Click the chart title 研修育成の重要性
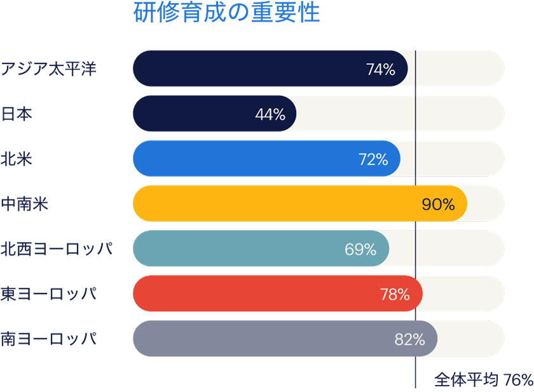point(227,13)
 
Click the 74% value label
point(381,69)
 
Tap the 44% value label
point(270,114)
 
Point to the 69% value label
point(361,250)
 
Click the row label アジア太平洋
point(48,69)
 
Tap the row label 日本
point(17,114)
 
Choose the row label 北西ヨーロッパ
point(57,249)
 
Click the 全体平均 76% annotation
point(483,380)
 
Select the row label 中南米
point(25,204)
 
